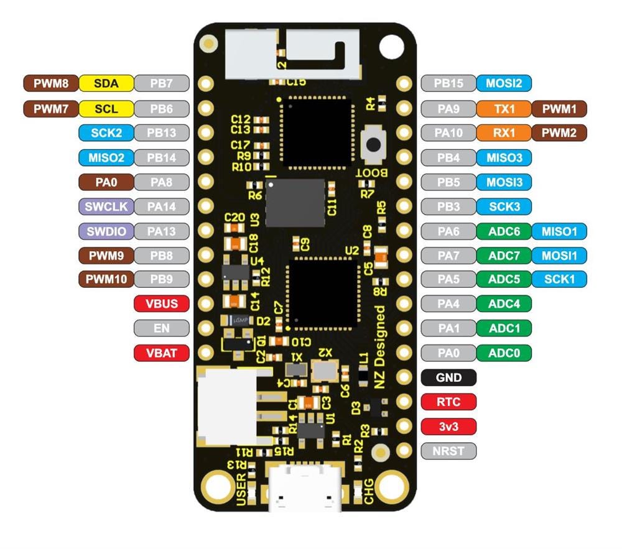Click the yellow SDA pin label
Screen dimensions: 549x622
coord(106,83)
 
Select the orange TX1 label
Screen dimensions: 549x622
coord(504,108)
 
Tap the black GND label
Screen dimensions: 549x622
coord(448,377)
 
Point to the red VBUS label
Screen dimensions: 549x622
coord(162,304)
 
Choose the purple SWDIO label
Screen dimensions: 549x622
coord(106,231)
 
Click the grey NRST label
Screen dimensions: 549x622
coord(448,451)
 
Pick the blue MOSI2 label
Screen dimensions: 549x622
coord(504,83)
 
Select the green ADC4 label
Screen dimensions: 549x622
coord(504,304)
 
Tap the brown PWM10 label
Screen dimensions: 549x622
coord(106,279)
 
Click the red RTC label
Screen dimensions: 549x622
coord(448,402)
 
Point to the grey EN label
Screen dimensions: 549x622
coord(162,328)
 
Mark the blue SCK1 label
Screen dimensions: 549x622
coord(559,279)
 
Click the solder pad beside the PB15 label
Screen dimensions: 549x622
coord(404,83)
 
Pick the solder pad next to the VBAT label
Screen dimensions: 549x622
coord(206,353)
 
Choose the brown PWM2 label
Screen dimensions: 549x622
coord(559,132)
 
